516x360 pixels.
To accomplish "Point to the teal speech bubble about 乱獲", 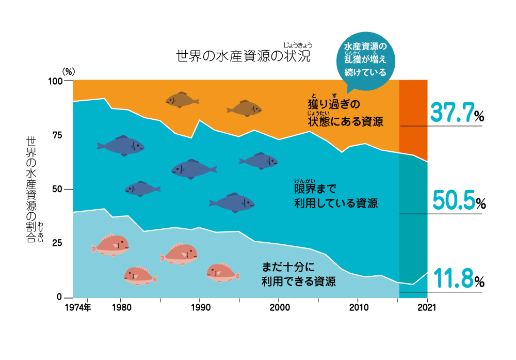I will (x=365, y=59).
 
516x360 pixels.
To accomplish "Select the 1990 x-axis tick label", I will (x=199, y=308).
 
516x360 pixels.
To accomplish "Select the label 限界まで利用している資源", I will (x=335, y=196).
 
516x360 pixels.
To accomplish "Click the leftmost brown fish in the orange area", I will (x=182, y=100).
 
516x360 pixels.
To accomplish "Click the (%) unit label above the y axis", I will (x=69, y=71).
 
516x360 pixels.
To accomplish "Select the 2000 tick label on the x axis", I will (x=279, y=308).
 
